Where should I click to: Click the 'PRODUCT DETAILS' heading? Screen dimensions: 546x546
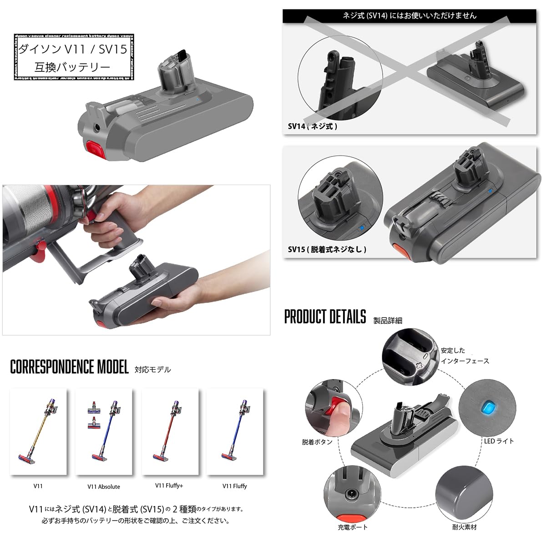tap(325, 316)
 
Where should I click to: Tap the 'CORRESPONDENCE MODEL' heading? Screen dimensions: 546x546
tap(69, 367)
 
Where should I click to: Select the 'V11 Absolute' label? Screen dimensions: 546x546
tap(104, 486)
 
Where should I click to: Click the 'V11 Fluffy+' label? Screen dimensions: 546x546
tap(169, 485)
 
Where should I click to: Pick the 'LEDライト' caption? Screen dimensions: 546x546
tap(499, 441)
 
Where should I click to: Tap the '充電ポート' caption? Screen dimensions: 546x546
tap(353, 527)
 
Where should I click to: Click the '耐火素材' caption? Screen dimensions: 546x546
tap(465, 527)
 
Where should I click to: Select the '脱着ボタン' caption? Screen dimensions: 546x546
tap(317, 442)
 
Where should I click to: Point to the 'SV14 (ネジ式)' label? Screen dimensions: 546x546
tap(313, 126)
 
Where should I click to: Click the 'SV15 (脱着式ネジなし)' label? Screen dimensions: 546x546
tap(327, 249)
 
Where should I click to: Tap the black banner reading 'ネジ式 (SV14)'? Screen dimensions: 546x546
tap(409, 15)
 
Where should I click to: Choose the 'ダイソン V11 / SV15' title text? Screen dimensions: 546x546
tap(72, 49)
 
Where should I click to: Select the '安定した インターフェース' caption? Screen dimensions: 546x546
tap(465, 355)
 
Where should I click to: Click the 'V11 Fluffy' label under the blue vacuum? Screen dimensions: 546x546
tap(234, 486)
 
